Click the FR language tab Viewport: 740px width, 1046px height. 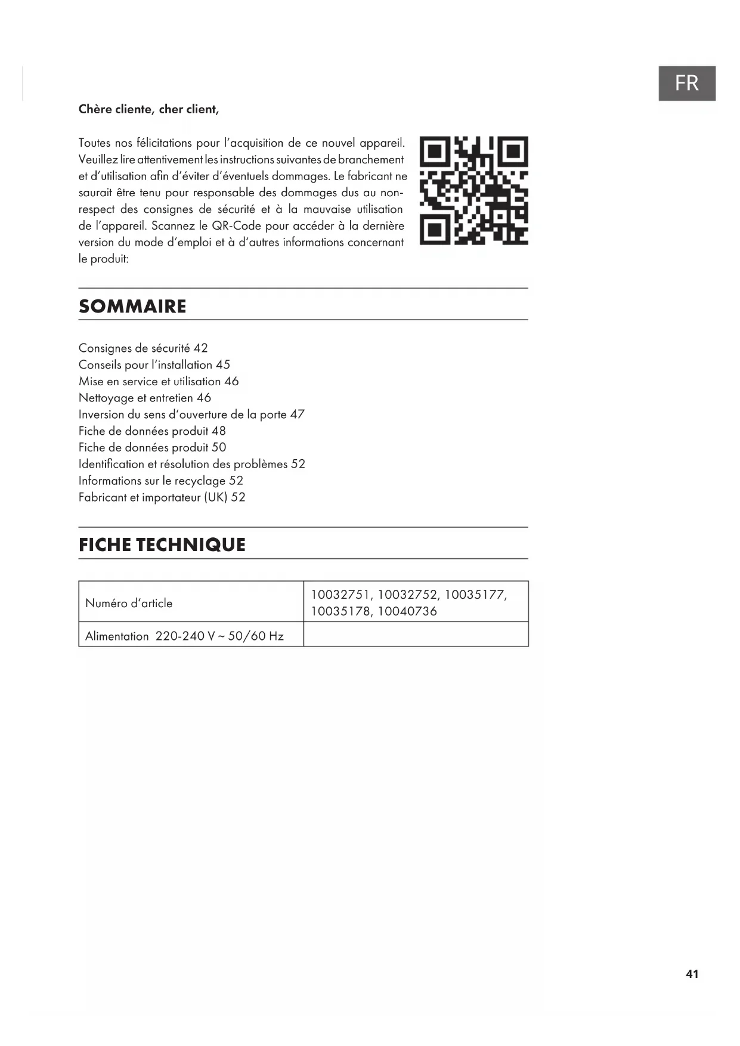[x=686, y=83]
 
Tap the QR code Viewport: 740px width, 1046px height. [x=473, y=190]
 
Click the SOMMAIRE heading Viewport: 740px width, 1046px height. [x=132, y=306]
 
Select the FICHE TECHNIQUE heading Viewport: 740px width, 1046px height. [x=162, y=544]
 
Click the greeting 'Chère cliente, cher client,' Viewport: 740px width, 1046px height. [x=148, y=109]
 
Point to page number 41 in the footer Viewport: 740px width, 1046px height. [x=692, y=974]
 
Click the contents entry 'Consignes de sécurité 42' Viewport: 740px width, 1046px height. [x=143, y=348]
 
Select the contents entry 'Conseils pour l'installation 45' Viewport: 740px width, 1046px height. [x=154, y=365]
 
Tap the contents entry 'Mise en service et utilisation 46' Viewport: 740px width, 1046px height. [x=159, y=382]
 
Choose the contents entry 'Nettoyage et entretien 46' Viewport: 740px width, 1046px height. [x=145, y=398]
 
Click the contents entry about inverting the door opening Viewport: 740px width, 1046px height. [x=191, y=414]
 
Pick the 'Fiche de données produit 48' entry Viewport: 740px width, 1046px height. [x=152, y=431]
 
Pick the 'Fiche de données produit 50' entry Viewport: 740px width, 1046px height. [x=152, y=447]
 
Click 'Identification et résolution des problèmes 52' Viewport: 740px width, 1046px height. [x=191, y=464]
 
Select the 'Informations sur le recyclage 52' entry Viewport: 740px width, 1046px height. [x=161, y=481]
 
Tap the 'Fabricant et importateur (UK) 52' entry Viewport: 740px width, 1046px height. [x=162, y=497]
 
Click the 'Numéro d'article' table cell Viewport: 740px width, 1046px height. [x=129, y=603]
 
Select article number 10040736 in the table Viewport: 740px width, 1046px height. [x=407, y=611]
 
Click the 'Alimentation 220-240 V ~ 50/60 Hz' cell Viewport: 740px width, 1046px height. [x=184, y=636]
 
